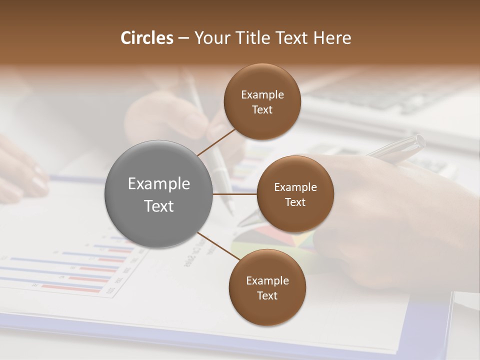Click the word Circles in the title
click(x=146, y=38)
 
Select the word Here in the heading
click(x=332, y=38)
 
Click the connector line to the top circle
click(x=216, y=142)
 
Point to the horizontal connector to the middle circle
click(x=235, y=194)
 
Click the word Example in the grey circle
click(x=158, y=184)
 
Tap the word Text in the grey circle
click(x=158, y=206)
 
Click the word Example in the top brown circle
click(x=262, y=95)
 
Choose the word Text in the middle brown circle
click(x=295, y=202)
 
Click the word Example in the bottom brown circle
click(x=267, y=281)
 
